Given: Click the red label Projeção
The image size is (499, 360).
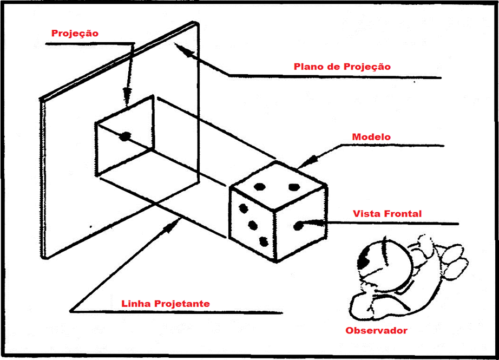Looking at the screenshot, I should [x=75, y=34].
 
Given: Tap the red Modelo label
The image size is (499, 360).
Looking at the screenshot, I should [x=371, y=137].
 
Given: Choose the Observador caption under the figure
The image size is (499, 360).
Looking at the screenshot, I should [x=376, y=330].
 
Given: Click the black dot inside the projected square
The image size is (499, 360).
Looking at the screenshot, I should [x=125, y=136].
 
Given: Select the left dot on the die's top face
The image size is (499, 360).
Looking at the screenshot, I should [x=260, y=187].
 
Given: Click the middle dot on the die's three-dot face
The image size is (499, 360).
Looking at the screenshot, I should [x=252, y=224].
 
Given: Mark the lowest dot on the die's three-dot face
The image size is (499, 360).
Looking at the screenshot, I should [x=264, y=241].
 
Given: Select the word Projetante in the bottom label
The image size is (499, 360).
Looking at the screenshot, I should [x=182, y=304].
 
